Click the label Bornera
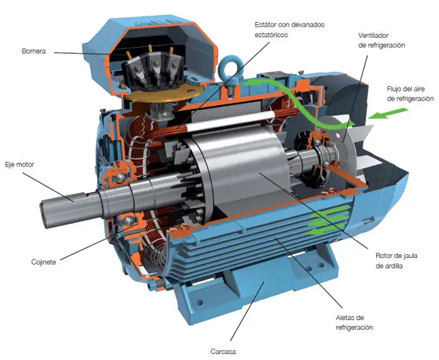coord(35,52)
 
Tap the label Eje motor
coord(20,163)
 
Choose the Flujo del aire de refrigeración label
coord(409,95)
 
